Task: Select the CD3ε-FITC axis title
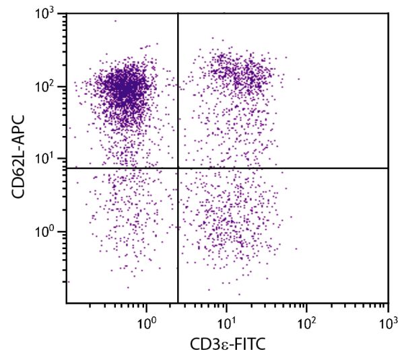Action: (x=227, y=345)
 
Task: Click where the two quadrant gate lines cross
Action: (x=178, y=168)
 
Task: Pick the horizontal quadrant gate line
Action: (x=283, y=168)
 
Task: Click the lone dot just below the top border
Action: (x=115, y=21)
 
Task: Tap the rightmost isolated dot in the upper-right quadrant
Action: (x=299, y=79)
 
